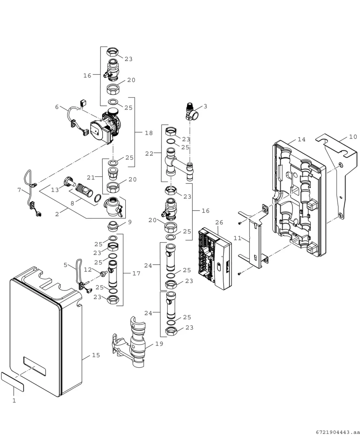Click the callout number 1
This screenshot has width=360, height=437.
click(x=14, y=401)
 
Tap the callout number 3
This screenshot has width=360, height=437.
click(x=205, y=106)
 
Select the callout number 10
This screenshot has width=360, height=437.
click(x=353, y=137)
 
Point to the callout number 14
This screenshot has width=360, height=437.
click(x=302, y=140)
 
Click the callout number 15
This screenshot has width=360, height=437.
click(x=96, y=355)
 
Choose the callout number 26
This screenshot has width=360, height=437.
click(x=219, y=223)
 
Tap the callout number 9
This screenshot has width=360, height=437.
click(x=130, y=222)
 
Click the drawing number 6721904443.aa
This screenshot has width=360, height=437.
click(x=338, y=432)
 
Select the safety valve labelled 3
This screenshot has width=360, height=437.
click(x=192, y=112)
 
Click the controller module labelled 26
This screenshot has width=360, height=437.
click(x=215, y=259)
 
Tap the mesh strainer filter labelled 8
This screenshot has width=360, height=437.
click(x=84, y=190)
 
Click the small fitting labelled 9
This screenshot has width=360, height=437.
click(x=113, y=227)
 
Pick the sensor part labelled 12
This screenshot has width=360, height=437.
click(x=104, y=274)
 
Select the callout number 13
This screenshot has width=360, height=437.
click(x=55, y=190)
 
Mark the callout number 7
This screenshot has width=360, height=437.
click(x=19, y=190)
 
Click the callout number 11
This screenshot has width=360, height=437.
click(x=238, y=238)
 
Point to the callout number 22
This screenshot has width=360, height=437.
click(x=149, y=154)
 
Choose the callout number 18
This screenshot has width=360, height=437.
click(x=149, y=133)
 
